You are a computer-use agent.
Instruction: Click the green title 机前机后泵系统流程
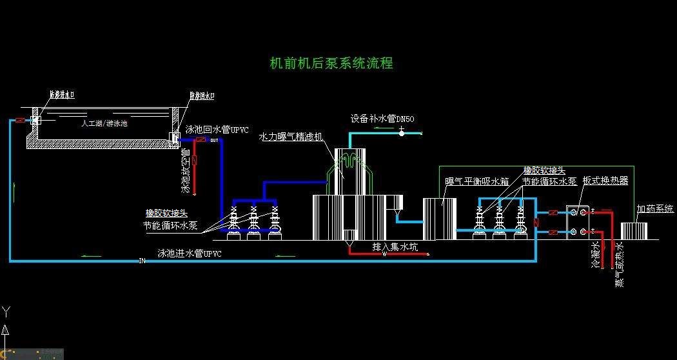click(331, 63)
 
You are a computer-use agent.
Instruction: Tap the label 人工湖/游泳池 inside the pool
click(104, 123)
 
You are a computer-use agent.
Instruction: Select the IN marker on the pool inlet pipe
click(142, 261)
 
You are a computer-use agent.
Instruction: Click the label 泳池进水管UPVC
click(190, 254)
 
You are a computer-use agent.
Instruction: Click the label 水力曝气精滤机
click(291, 137)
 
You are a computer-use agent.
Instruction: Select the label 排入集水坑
click(395, 246)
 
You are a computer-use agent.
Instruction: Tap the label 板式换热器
click(605, 181)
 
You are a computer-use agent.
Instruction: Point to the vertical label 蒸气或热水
click(620, 264)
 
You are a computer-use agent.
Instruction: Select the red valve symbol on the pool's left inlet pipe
click(21, 120)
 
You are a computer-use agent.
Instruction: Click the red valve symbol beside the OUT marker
click(201, 140)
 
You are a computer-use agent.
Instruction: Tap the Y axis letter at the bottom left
click(6, 312)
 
